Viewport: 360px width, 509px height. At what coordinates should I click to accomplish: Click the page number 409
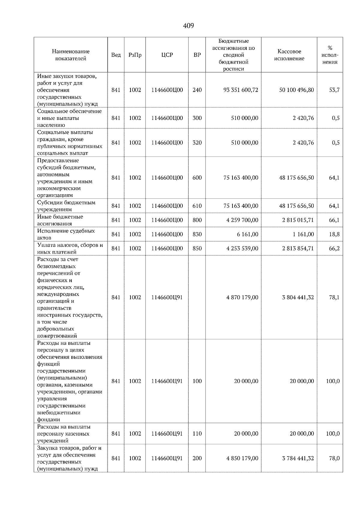point(188,26)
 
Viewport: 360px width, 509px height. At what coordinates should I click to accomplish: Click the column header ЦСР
point(167,55)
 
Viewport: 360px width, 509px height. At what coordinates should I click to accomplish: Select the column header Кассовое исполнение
point(289,55)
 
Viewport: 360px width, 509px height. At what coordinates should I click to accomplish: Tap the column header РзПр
point(135,55)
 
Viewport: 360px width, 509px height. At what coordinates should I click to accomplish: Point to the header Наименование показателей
point(70,55)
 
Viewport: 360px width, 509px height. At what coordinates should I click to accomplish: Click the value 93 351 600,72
point(241,90)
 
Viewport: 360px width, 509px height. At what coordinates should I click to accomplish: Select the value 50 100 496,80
point(296,90)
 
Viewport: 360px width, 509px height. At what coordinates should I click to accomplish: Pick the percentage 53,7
point(334,90)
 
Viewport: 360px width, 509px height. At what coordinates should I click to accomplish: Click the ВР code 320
point(197,143)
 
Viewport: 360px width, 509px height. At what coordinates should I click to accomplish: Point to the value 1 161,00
point(303,234)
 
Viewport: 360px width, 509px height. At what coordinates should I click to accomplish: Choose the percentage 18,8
point(334,234)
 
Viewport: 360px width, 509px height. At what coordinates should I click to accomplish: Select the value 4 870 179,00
point(242,297)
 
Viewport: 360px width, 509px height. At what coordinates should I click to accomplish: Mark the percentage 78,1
point(334,297)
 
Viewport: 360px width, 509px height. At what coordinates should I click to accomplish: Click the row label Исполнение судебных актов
point(66,234)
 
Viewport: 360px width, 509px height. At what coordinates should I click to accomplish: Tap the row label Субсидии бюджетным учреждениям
point(66,206)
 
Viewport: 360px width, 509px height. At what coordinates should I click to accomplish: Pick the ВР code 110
point(197,433)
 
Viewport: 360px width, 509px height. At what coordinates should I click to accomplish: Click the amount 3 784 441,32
point(298,458)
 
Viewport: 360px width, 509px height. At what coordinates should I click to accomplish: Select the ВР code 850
point(197,248)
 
